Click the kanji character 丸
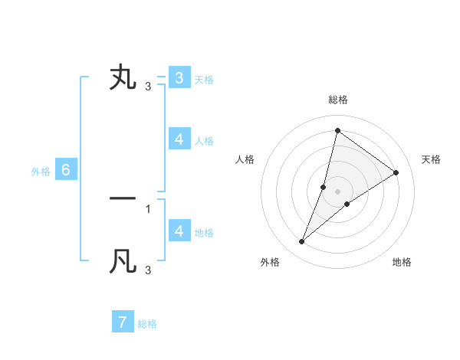tap(123, 78)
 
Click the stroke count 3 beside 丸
tap(148, 86)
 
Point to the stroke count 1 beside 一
tap(148, 208)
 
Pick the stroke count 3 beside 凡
tap(148, 270)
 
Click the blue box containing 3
tap(179, 77)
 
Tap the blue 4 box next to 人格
tap(179, 139)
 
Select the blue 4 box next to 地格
tap(179, 231)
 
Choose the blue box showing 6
tap(66, 170)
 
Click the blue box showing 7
tap(123, 322)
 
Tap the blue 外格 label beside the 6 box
tap(41, 172)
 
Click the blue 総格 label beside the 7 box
tap(147, 324)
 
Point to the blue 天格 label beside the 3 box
tap(204, 79)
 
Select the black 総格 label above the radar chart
tap(337, 100)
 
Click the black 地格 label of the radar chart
tap(402, 262)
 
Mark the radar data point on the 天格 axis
tap(396, 172)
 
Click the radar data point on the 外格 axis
tap(302, 242)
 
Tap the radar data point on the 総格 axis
tap(337, 130)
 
